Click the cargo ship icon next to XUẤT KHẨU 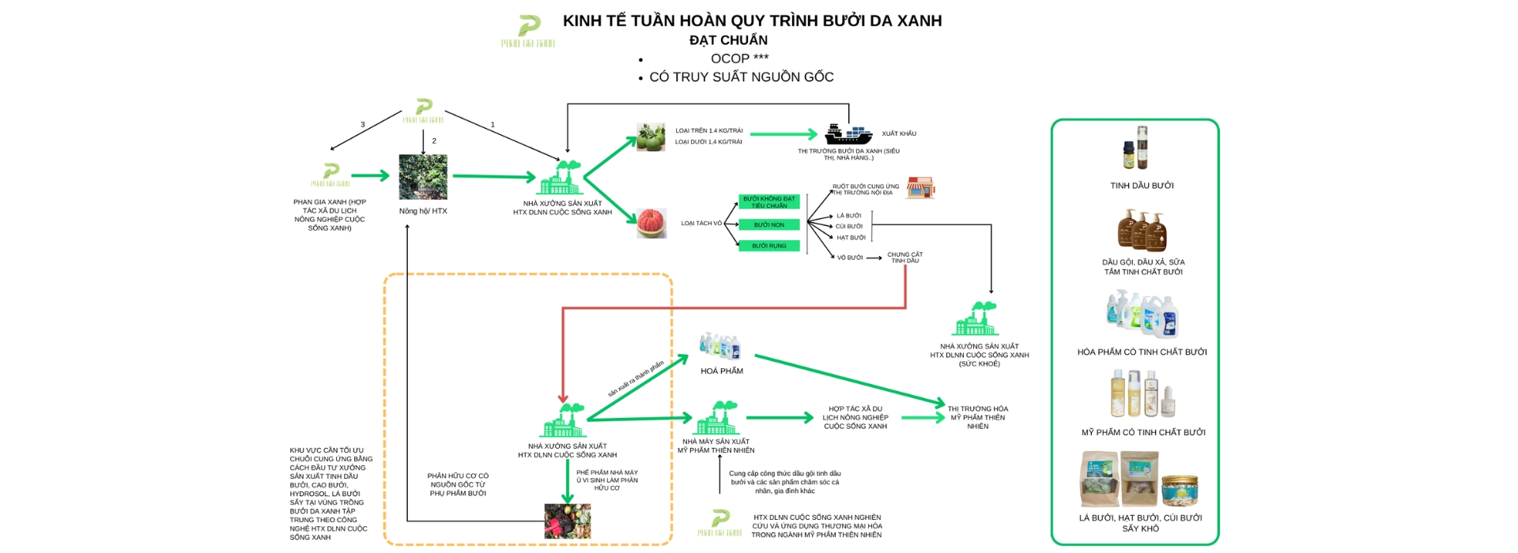click(x=848, y=134)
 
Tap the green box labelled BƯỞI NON click(x=768, y=225)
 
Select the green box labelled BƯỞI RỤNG click(x=768, y=246)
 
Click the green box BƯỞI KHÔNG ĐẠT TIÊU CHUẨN click(x=768, y=202)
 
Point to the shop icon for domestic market click(x=920, y=188)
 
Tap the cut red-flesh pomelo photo click(x=651, y=224)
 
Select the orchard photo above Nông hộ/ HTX click(x=423, y=177)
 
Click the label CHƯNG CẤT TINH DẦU click(x=904, y=258)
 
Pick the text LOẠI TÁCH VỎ click(x=701, y=224)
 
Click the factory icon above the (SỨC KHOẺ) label click(x=976, y=319)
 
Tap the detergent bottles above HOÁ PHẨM click(x=720, y=346)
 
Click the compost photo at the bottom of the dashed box click(x=567, y=521)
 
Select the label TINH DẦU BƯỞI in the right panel click(x=1142, y=186)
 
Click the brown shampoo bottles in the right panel click(x=1142, y=230)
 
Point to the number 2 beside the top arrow click(x=434, y=141)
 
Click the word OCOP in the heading click(x=730, y=58)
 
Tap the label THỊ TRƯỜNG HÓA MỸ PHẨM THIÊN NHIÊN click(x=978, y=417)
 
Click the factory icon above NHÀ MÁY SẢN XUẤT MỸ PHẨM click(x=716, y=419)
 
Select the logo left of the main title click(x=528, y=30)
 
